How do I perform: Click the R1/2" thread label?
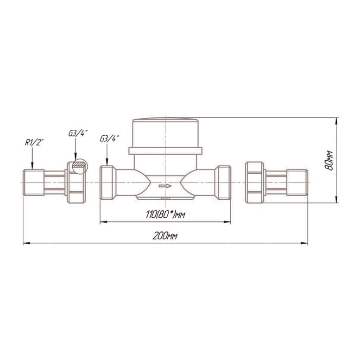coord(34,143)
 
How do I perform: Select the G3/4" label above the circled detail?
coord(78,133)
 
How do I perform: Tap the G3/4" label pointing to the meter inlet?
coord(109,139)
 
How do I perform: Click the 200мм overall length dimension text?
coord(165,236)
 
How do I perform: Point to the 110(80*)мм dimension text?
coord(165,215)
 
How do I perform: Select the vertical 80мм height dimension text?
coord(329,160)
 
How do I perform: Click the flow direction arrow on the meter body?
coord(165,186)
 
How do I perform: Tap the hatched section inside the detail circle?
coord(79,164)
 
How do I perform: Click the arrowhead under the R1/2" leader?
coord(32,166)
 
